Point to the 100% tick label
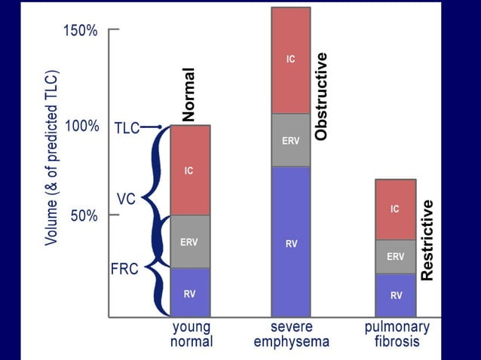pyautogui.click(x=81, y=126)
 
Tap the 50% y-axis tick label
pyautogui.click(x=84, y=215)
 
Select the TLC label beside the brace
pyautogui.click(x=127, y=127)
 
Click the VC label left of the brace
pyautogui.click(x=126, y=199)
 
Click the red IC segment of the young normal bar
pyautogui.click(x=189, y=171)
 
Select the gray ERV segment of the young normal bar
pyautogui.click(x=189, y=242)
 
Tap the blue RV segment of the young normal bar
pyautogui.click(x=189, y=292)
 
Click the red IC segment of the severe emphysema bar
pyautogui.click(x=290, y=60)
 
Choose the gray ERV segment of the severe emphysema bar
pyautogui.click(x=290, y=140)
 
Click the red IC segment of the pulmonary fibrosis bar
pyautogui.click(x=395, y=209)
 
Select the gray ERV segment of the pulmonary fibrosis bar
pyautogui.click(x=395, y=256)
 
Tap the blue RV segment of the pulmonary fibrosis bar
pyautogui.click(x=395, y=294)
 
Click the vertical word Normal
pyautogui.click(x=188, y=94)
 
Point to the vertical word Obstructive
pyautogui.click(x=321, y=96)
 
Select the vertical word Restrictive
pyautogui.click(x=427, y=240)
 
